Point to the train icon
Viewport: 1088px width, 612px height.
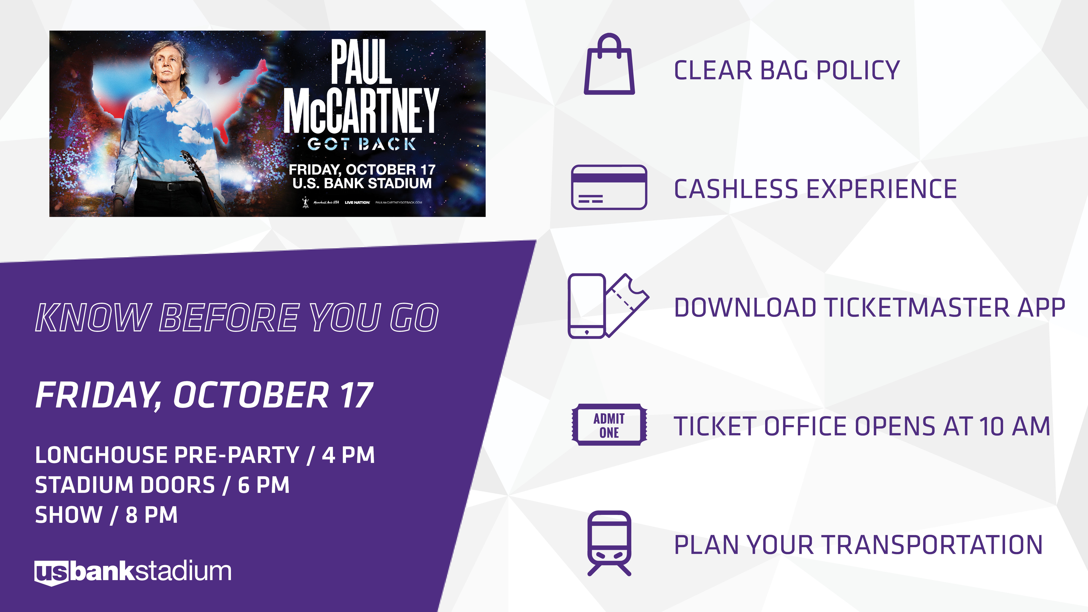click(609, 543)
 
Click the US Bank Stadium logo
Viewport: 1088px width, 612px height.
click(133, 572)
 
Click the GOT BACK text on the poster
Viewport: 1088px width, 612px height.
click(361, 144)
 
